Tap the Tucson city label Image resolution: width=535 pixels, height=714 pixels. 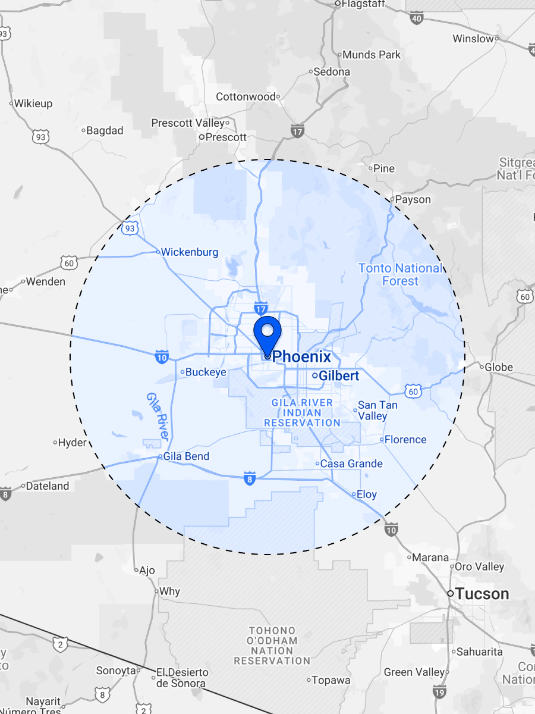point(483,594)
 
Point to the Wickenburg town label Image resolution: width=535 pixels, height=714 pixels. point(190,252)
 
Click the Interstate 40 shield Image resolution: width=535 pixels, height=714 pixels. point(417,18)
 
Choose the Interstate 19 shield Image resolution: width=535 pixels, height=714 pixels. point(439,692)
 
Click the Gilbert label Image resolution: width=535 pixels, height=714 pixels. point(338,376)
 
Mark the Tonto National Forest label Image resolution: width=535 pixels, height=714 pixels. point(401,274)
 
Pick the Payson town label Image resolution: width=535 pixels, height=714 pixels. point(413,199)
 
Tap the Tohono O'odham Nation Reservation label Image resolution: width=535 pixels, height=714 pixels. point(272,646)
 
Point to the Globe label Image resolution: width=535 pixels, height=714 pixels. point(499,367)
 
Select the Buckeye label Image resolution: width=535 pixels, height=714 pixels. point(206,372)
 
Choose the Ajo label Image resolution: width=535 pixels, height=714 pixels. point(146,571)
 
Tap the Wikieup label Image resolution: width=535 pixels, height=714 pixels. point(33,104)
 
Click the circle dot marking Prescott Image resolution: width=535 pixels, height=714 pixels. point(202,137)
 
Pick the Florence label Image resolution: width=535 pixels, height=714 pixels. point(405,440)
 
